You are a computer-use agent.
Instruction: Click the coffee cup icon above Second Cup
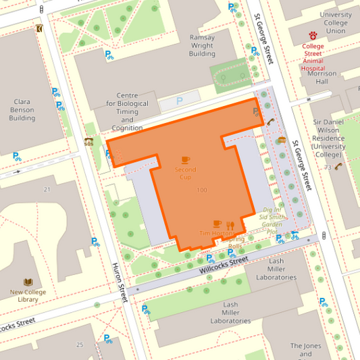click(x=186, y=159)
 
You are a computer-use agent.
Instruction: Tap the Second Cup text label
click(x=186, y=173)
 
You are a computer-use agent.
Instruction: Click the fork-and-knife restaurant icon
click(x=230, y=224)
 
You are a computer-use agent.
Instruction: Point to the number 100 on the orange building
click(x=201, y=190)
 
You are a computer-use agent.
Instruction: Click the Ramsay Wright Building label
click(x=202, y=45)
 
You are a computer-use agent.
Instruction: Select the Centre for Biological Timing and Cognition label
click(x=127, y=111)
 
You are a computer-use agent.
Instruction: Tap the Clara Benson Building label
click(x=22, y=110)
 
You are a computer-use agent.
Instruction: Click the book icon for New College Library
click(x=28, y=282)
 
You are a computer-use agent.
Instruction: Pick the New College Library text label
click(x=28, y=296)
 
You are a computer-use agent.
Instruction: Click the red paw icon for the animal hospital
click(x=313, y=36)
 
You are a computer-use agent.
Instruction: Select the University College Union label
click(x=336, y=22)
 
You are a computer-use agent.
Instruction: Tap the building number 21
click(x=47, y=189)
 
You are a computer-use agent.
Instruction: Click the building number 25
click(x=80, y=344)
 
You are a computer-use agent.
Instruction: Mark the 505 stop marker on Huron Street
click(x=88, y=140)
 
